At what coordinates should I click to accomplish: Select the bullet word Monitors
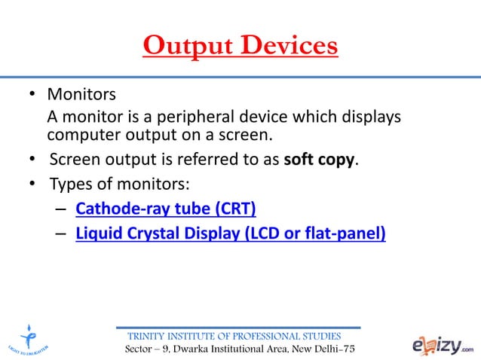tap(81, 96)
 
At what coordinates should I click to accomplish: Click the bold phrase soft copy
tap(323, 160)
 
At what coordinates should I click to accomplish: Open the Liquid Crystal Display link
tap(231, 233)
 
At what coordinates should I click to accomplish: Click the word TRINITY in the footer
tap(149, 336)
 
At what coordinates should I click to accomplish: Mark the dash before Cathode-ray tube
tap(60, 209)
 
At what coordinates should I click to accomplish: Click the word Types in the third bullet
tap(69, 184)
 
